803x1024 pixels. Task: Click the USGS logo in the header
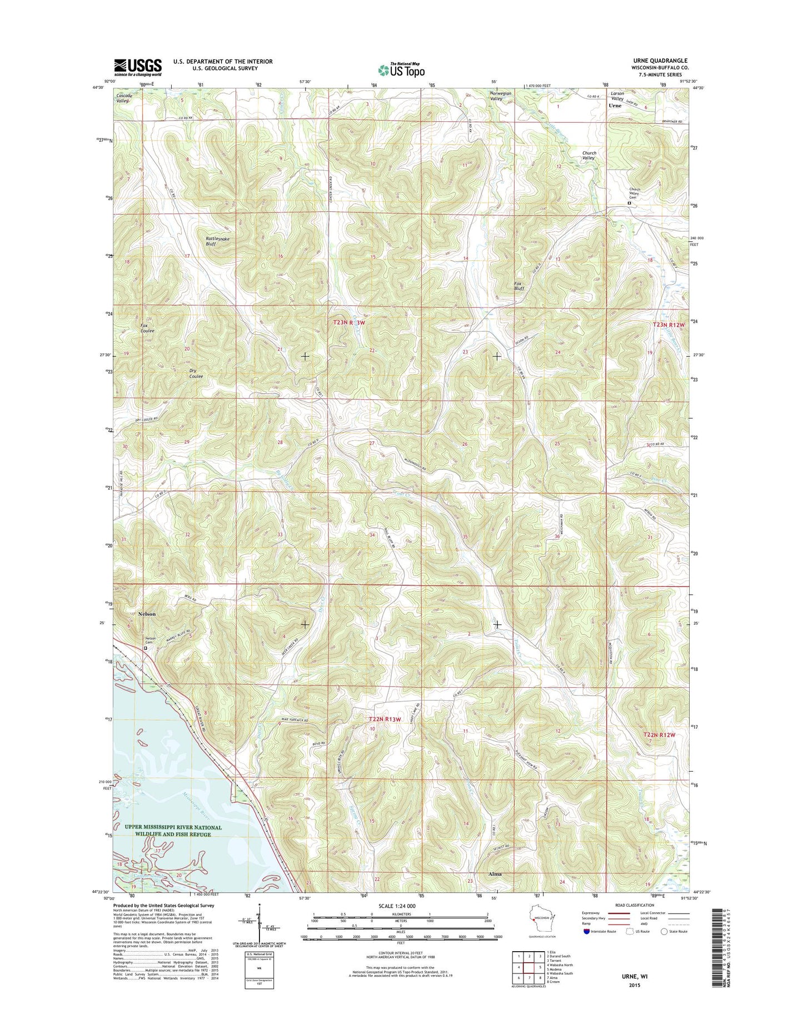pos(138,67)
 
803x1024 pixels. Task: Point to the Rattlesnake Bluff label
pos(217,241)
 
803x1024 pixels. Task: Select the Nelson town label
pos(144,614)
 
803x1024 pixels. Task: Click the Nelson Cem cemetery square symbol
pos(146,648)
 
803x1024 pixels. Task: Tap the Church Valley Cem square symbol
pos(629,203)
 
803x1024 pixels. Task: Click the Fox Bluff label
pos(519,286)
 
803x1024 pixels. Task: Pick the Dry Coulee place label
pos(196,374)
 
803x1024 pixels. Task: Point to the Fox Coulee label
pos(147,328)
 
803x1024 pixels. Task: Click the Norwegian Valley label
pos(496,96)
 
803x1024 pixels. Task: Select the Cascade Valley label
pos(124,98)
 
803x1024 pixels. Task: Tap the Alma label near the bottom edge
pos(495,874)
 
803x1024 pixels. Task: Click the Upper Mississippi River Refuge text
pos(173,831)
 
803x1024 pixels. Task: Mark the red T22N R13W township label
pos(385,719)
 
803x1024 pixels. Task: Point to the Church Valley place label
pos(588,155)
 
